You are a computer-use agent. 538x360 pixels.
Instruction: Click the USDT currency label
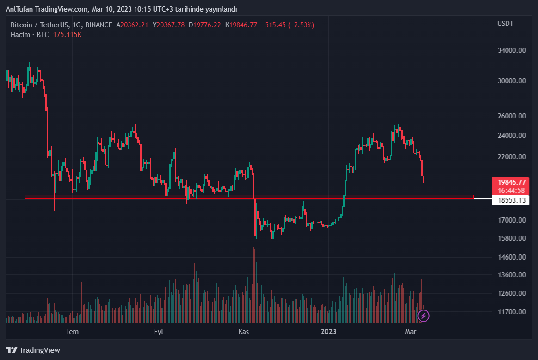tap(505, 24)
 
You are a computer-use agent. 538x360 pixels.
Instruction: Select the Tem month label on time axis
tap(72, 331)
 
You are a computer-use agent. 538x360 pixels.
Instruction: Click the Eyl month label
tap(159, 331)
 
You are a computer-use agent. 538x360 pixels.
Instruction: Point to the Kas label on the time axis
tap(244, 331)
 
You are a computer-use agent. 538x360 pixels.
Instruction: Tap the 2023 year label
tap(328, 331)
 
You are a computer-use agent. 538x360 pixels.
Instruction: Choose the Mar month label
tap(410, 331)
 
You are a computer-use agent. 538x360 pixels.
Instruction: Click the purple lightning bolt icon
tap(424, 316)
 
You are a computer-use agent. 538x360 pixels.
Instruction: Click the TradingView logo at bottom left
tap(33, 350)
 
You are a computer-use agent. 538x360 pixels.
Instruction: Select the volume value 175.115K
tap(67, 35)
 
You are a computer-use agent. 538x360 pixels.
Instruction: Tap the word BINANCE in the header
tap(99, 25)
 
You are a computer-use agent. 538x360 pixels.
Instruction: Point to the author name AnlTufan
tap(20, 9)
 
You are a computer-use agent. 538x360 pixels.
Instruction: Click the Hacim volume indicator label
tap(20, 35)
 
